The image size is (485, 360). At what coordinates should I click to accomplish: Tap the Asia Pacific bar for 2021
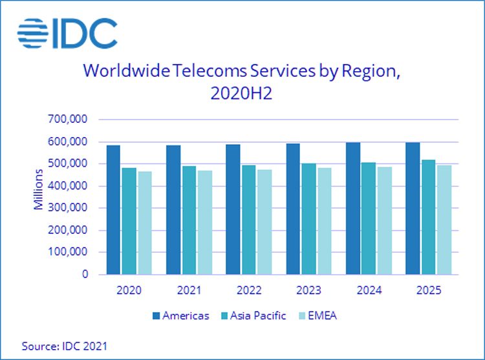[x=189, y=220]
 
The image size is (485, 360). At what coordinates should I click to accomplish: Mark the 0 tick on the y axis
[x=85, y=275]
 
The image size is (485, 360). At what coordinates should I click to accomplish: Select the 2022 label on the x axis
[x=248, y=291]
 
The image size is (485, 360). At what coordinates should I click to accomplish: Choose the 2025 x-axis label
[x=428, y=291]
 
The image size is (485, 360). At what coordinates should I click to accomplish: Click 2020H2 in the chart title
[x=241, y=94]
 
